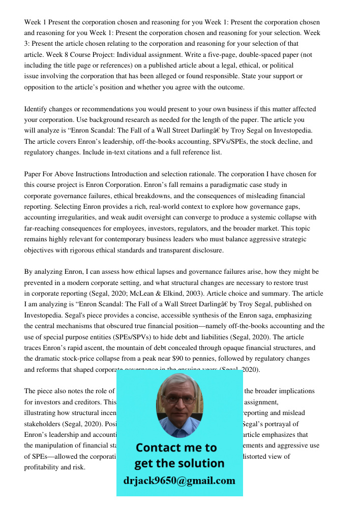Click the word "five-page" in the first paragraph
click(x=223, y=55)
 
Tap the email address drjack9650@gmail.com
click(x=179, y=481)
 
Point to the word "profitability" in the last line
click(x=45, y=467)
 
